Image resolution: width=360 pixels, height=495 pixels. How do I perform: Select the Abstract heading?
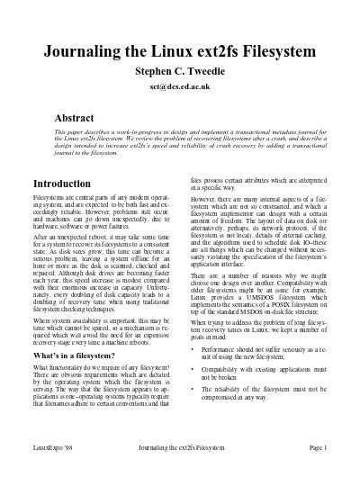click(x=76, y=118)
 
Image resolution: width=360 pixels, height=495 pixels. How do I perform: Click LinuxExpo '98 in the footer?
click(x=51, y=471)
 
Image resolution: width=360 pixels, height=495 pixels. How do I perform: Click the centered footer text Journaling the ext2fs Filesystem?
click(x=179, y=471)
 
